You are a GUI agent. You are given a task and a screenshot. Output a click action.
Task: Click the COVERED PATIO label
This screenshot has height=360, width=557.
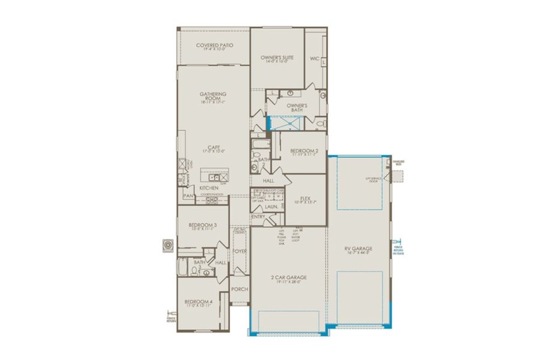pyautogui.click(x=214, y=46)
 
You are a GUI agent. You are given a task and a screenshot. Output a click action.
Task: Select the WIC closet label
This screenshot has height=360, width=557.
pyautogui.click(x=314, y=59)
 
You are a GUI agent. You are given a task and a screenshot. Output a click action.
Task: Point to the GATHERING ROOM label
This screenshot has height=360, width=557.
pyautogui.click(x=212, y=97)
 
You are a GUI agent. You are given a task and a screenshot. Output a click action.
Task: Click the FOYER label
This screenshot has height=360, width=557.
pyautogui.click(x=240, y=251)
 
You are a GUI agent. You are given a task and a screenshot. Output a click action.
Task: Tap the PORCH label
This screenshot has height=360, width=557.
pyautogui.click(x=240, y=289)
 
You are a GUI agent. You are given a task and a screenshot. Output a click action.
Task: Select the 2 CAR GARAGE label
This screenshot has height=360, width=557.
pyautogui.click(x=288, y=278)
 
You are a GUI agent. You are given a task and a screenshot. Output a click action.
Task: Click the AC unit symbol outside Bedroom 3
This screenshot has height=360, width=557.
pyautogui.click(x=167, y=245)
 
